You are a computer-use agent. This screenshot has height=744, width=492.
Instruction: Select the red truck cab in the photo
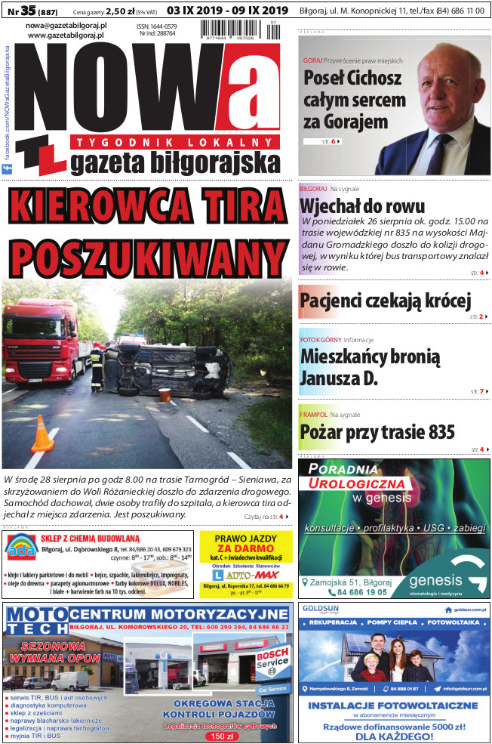[x=45, y=342]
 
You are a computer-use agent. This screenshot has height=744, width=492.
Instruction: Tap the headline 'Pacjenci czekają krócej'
[x=385, y=301]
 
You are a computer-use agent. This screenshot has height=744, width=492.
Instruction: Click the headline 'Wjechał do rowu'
[x=362, y=206]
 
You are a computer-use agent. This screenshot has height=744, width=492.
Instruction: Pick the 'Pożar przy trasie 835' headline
[x=377, y=431]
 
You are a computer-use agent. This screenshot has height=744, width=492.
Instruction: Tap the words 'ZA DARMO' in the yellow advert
[x=245, y=549]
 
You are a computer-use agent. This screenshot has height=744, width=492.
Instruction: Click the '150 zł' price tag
[x=222, y=735]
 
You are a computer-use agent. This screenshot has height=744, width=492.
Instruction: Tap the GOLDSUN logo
[x=320, y=608]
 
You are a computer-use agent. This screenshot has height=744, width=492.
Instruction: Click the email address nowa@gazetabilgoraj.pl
[x=66, y=26]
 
